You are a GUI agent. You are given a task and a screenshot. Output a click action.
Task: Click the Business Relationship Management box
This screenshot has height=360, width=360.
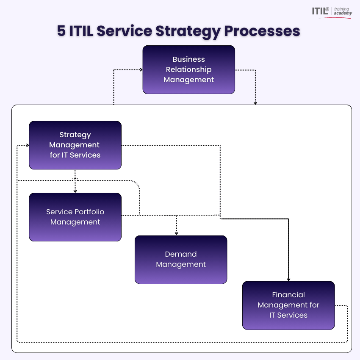(188, 69)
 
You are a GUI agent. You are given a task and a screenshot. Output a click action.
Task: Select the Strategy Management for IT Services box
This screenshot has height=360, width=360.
(75, 145)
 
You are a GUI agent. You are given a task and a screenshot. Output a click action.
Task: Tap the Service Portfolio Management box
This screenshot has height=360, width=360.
(75, 217)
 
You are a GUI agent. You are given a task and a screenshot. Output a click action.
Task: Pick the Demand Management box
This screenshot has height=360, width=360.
(181, 259)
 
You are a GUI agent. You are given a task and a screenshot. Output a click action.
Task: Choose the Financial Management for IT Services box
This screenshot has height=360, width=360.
(288, 305)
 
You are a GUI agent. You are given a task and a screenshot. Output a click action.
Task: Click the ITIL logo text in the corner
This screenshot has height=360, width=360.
(321, 11)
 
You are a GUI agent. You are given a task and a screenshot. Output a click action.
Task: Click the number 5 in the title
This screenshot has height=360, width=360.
(61, 31)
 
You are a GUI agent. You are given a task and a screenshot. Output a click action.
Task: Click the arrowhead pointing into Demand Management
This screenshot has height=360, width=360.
(177, 233)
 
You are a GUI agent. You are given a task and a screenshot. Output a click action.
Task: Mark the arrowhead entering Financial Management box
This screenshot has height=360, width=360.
(288, 279)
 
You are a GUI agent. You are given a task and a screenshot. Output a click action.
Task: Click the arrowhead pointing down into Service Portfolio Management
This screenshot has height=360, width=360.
(75, 191)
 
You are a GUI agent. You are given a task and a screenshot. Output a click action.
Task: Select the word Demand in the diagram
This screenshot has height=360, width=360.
(181, 254)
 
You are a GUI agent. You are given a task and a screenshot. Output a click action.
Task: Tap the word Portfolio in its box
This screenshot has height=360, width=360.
(88, 212)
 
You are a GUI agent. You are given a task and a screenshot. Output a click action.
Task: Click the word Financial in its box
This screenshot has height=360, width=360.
(288, 295)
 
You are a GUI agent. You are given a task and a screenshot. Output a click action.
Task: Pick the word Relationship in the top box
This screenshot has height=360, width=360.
(188, 69)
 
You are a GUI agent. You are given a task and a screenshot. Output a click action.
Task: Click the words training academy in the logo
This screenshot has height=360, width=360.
(342, 11)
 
